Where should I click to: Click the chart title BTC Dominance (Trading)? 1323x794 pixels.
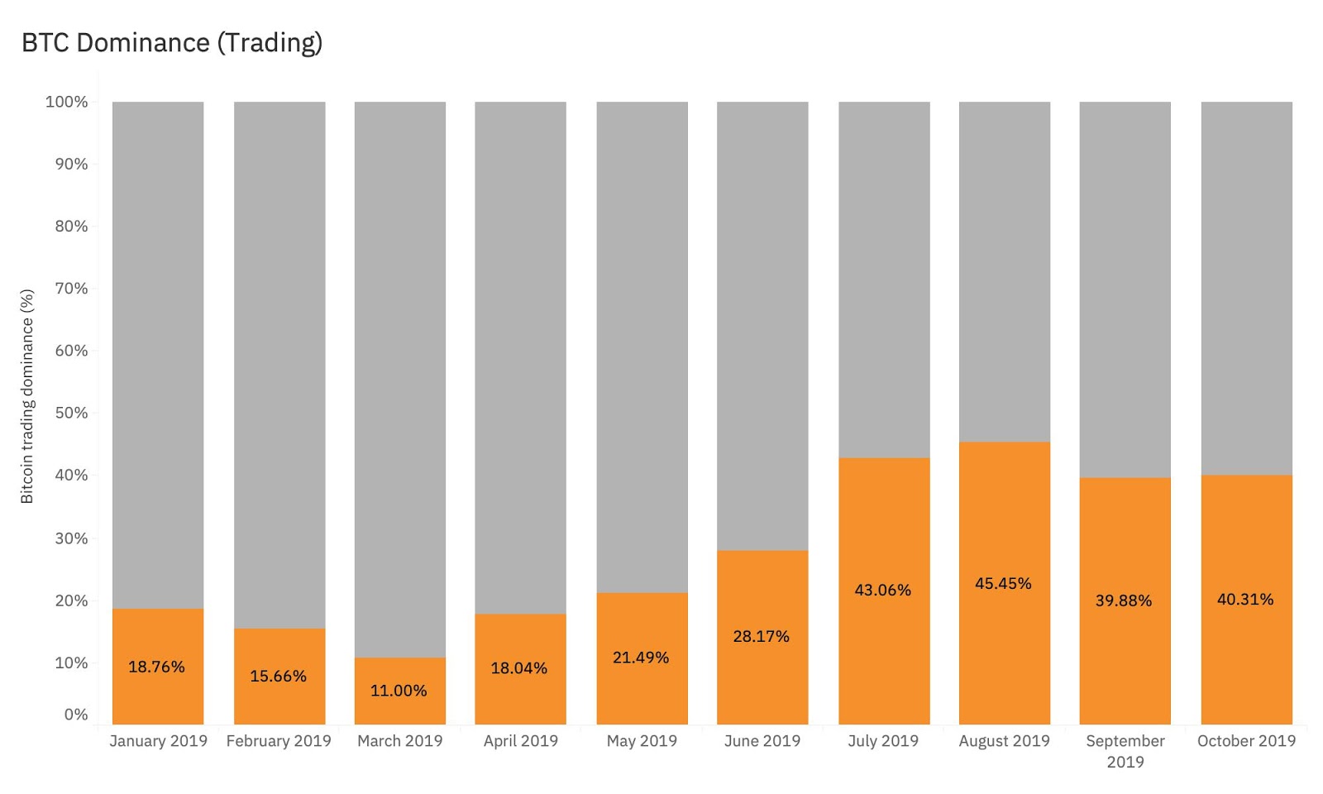[172, 43]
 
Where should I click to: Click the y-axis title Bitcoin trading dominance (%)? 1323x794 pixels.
[27, 396]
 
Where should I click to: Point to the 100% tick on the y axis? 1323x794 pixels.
[66, 102]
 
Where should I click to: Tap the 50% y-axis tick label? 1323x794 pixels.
[71, 413]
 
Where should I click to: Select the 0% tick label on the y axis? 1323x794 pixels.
[76, 715]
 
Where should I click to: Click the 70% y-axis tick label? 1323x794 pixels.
[71, 289]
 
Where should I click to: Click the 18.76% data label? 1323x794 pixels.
[156, 667]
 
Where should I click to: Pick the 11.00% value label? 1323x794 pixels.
[399, 691]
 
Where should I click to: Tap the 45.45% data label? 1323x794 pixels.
[1003, 583]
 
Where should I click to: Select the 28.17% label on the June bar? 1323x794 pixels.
[761, 636]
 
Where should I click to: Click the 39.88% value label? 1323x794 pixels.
[1124, 600]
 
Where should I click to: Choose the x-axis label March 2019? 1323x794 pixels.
[399, 741]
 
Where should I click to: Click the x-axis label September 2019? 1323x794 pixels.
[1125, 751]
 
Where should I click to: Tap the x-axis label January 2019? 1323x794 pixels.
[158, 741]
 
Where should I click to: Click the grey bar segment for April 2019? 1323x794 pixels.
[520, 356]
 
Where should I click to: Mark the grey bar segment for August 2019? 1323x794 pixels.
[1004, 273]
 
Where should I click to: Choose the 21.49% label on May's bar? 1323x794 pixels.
[640, 658]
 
